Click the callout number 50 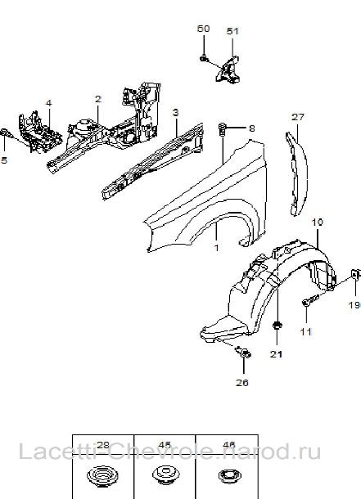pos(203,29)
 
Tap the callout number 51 pos(232,31)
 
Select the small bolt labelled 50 pos(204,59)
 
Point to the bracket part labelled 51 pos(228,70)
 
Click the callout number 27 pos(298,117)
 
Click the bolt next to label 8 pos(223,128)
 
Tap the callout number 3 pos(176,112)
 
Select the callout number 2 pos(98,99)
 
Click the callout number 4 pos(48,103)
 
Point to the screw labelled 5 pos(6,133)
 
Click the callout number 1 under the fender pos(216,248)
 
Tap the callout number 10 pos(317,222)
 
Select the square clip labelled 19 pos(355,274)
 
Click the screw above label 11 pos(309,300)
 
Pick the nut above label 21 pos(277,326)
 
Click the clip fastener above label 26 pos(243,352)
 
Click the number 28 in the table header pos(102,445)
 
